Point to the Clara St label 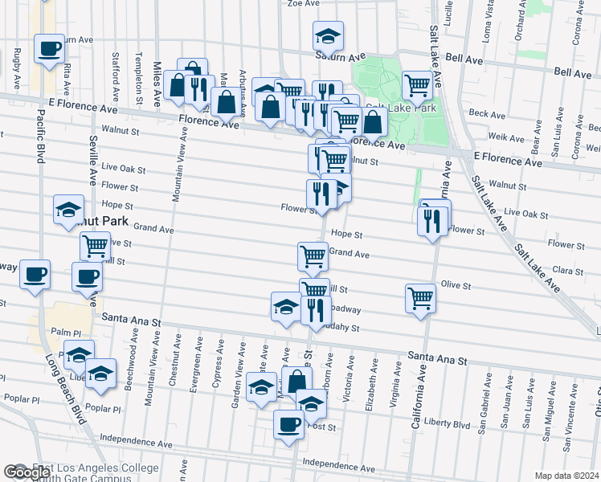566,272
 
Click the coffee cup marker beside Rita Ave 48,48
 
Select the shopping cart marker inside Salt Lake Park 417,84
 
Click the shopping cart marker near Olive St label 421,297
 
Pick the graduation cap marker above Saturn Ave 328,35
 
